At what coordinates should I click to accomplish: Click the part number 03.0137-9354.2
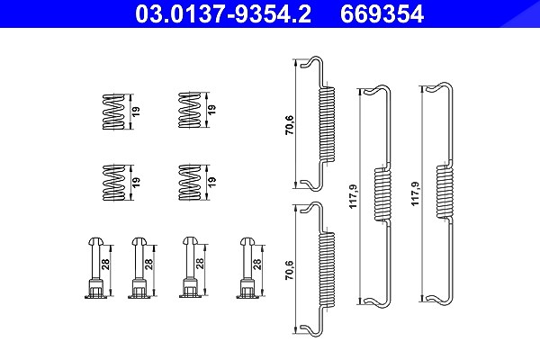pyautogui.click(x=223, y=13)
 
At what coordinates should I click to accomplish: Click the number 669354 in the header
pyautogui.click(x=382, y=13)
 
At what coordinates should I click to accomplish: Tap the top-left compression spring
pyautogui.click(x=113, y=112)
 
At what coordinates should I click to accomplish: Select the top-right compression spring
pyautogui.click(x=189, y=110)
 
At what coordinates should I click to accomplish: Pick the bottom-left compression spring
pyautogui.click(x=113, y=182)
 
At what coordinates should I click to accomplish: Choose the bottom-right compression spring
pyautogui.click(x=189, y=182)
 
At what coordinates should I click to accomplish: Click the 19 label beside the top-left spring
pyautogui.click(x=136, y=112)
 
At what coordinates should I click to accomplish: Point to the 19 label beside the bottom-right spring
pyautogui.click(x=212, y=182)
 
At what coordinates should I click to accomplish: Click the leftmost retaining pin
pyautogui.click(x=95, y=267)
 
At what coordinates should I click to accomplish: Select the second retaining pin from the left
pyautogui.click(x=139, y=267)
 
